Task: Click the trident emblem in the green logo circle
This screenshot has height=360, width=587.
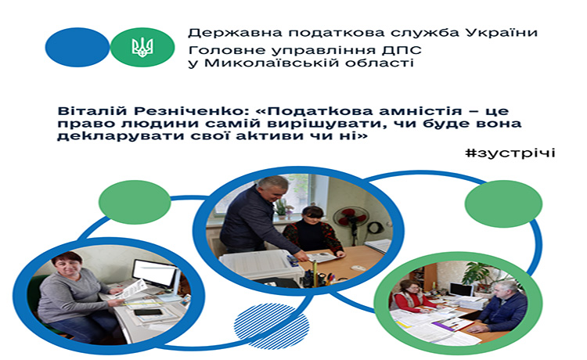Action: [x=142, y=48]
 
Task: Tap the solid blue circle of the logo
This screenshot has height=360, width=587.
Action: [x=77, y=47]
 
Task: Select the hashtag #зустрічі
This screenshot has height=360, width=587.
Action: [x=510, y=153]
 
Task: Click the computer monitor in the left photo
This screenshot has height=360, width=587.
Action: [x=154, y=274]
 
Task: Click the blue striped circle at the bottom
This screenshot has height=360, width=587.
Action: [x=272, y=326]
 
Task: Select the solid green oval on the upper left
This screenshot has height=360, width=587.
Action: [x=135, y=202]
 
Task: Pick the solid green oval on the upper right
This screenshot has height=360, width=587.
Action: [x=503, y=203]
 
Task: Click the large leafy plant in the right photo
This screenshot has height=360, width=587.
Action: [x=481, y=276]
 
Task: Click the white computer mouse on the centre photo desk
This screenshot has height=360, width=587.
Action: [x=358, y=268]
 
